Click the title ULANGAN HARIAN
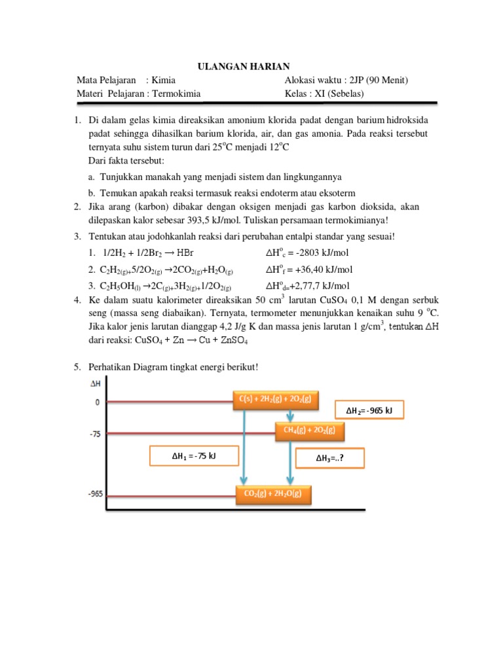pyautogui.click(x=244, y=67)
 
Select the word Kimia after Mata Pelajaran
pyautogui.click(x=163, y=80)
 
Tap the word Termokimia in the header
pyautogui.click(x=176, y=94)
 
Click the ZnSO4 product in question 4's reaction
pyautogui.click(x=233, y=341)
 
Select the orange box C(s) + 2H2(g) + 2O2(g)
pyautogui.click(x=276, y=400)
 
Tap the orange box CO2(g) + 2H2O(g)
pyautogui.click(x=274, y=495)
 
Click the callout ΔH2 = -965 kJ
pyautogui.click(x=369, y=410)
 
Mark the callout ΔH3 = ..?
pyautogui.click(x=330, y=458)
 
